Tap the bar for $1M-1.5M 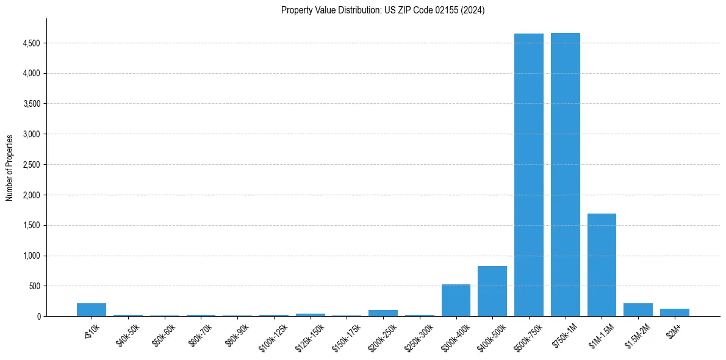click(602, 265)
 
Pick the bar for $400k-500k click(492, 291)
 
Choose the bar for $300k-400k click(456, 300)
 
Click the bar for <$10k click(92, 310)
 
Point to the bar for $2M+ click(674, 312)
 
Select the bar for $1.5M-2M click(638, 310)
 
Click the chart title click(383, 10)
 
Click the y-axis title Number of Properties click(10, 168)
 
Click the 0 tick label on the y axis click(38, 317)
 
